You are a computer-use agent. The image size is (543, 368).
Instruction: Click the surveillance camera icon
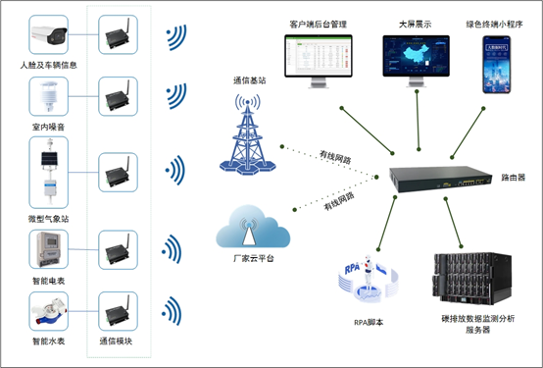tap(48, 36)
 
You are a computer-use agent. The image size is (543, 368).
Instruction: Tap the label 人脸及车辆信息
tap(48, 65)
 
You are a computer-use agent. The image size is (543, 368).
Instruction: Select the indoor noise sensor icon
tap(48, 98)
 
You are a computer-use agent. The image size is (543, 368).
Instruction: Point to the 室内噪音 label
tap(48, 128)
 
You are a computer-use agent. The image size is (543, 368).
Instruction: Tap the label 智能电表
tap(48, 280)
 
